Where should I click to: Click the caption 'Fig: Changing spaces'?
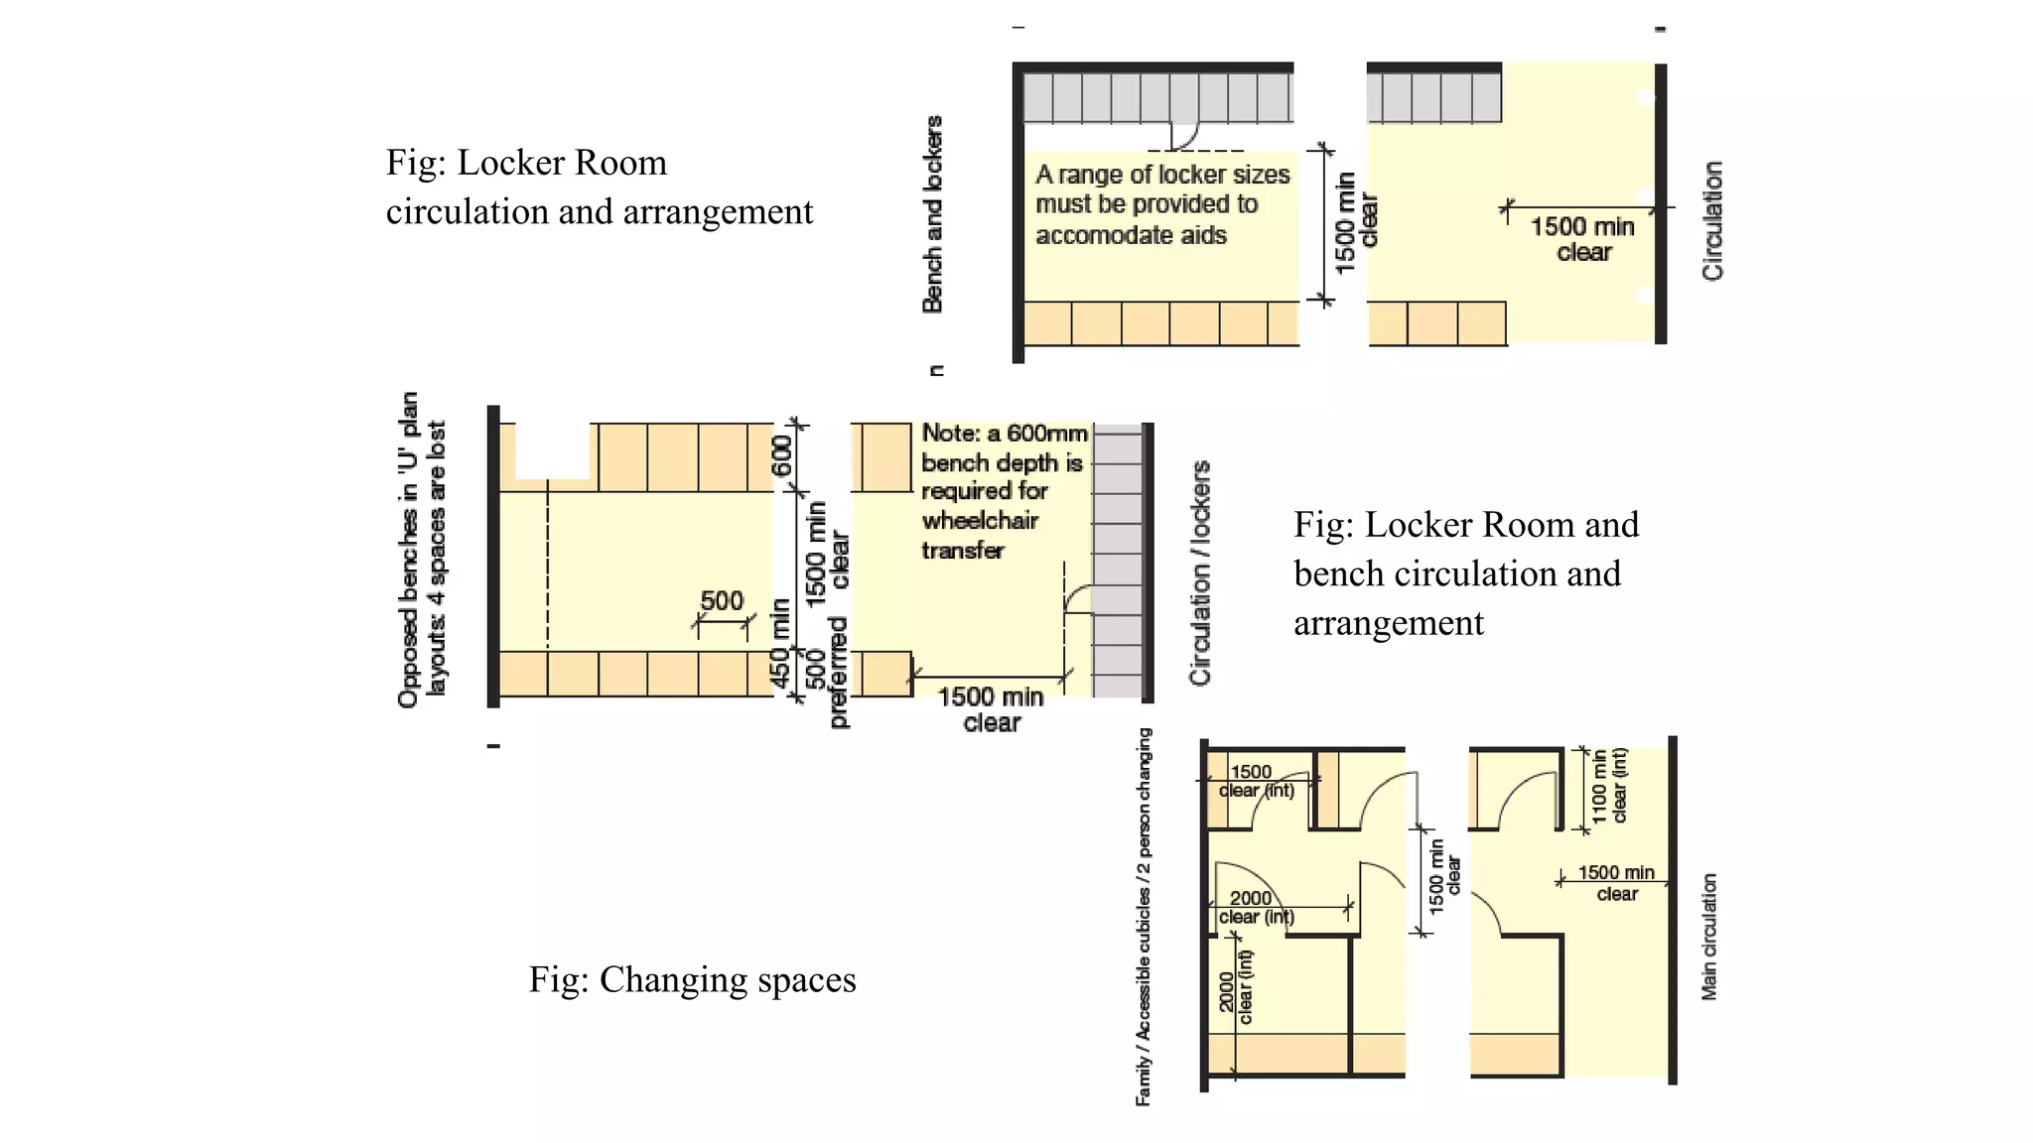(692, 980)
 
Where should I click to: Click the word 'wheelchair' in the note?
(980, 521)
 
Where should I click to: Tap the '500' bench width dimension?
(722, 601)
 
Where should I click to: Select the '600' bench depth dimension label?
(783, 455)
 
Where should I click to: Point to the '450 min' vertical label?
(781, 643)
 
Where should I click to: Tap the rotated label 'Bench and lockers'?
(932, 214)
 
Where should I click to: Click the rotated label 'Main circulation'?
(1708, 937)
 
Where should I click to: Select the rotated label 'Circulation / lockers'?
(1200, 573)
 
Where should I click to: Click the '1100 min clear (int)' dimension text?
(1609, 786)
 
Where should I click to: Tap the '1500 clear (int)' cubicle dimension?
(1256, 781)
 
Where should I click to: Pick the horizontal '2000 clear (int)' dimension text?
(1255, 907)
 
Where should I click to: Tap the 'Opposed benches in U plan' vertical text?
(421, 549)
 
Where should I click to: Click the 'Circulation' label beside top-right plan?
(1712, 220)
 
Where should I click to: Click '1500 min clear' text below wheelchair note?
(991, 709)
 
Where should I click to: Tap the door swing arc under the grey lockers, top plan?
(1187, 136)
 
